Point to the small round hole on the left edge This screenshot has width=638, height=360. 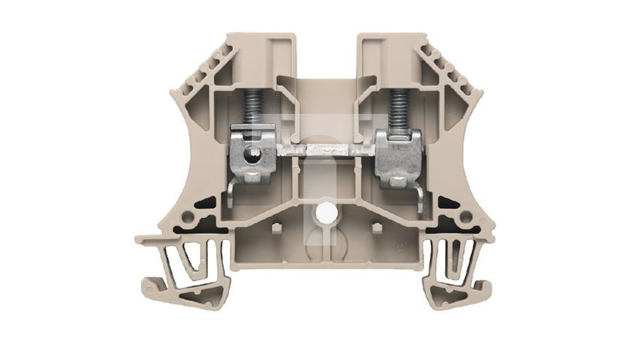(x=187, y=217)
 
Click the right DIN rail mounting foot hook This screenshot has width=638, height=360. (x=483, y=286)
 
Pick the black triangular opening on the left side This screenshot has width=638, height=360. (x=208, y=204)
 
